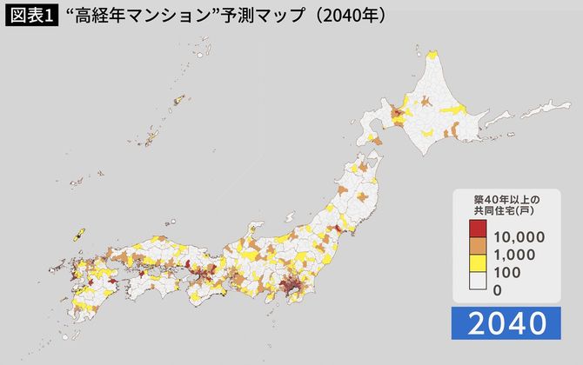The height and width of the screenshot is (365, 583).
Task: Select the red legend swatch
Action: pyautogui.click(x=478, y=229)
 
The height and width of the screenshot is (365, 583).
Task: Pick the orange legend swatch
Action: pyautogui.click(x=478, y=247)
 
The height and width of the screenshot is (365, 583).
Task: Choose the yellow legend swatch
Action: pyautogui.click(x=478, y=264)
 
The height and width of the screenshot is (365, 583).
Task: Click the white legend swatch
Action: pyautogui.click(x=478, y=282)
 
